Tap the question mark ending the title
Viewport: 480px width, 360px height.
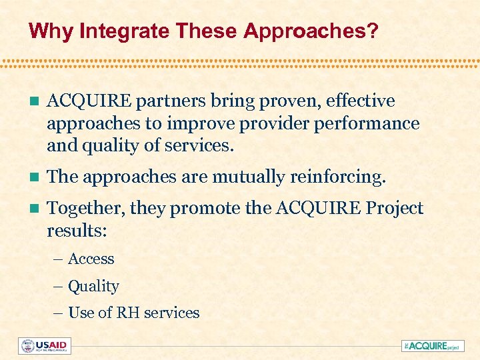(x=371, y=31)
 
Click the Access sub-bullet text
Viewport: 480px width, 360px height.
(x=91, y=259)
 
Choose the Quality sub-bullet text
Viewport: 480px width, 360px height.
(x=93, y=287)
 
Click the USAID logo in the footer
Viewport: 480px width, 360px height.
(x=45, y=346)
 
